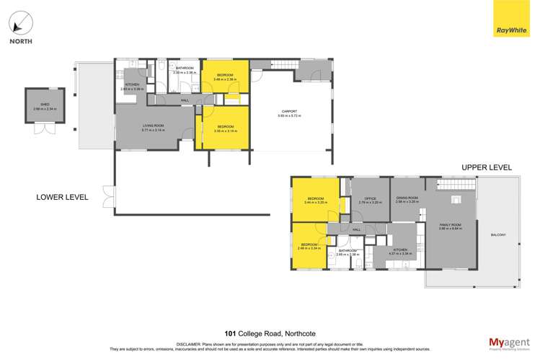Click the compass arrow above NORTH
point(21,23)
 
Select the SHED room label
point(44,107)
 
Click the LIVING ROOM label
point(153,126)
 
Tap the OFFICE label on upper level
point(370,198)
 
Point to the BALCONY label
point(498,234)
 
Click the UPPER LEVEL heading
point(487,167)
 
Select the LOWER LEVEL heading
point(63,196)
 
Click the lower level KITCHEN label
point(132,85)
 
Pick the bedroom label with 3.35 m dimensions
point(226,127)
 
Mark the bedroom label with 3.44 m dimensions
point(317,198)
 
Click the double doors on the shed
point(44,129)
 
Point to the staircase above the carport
point(283,66)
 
